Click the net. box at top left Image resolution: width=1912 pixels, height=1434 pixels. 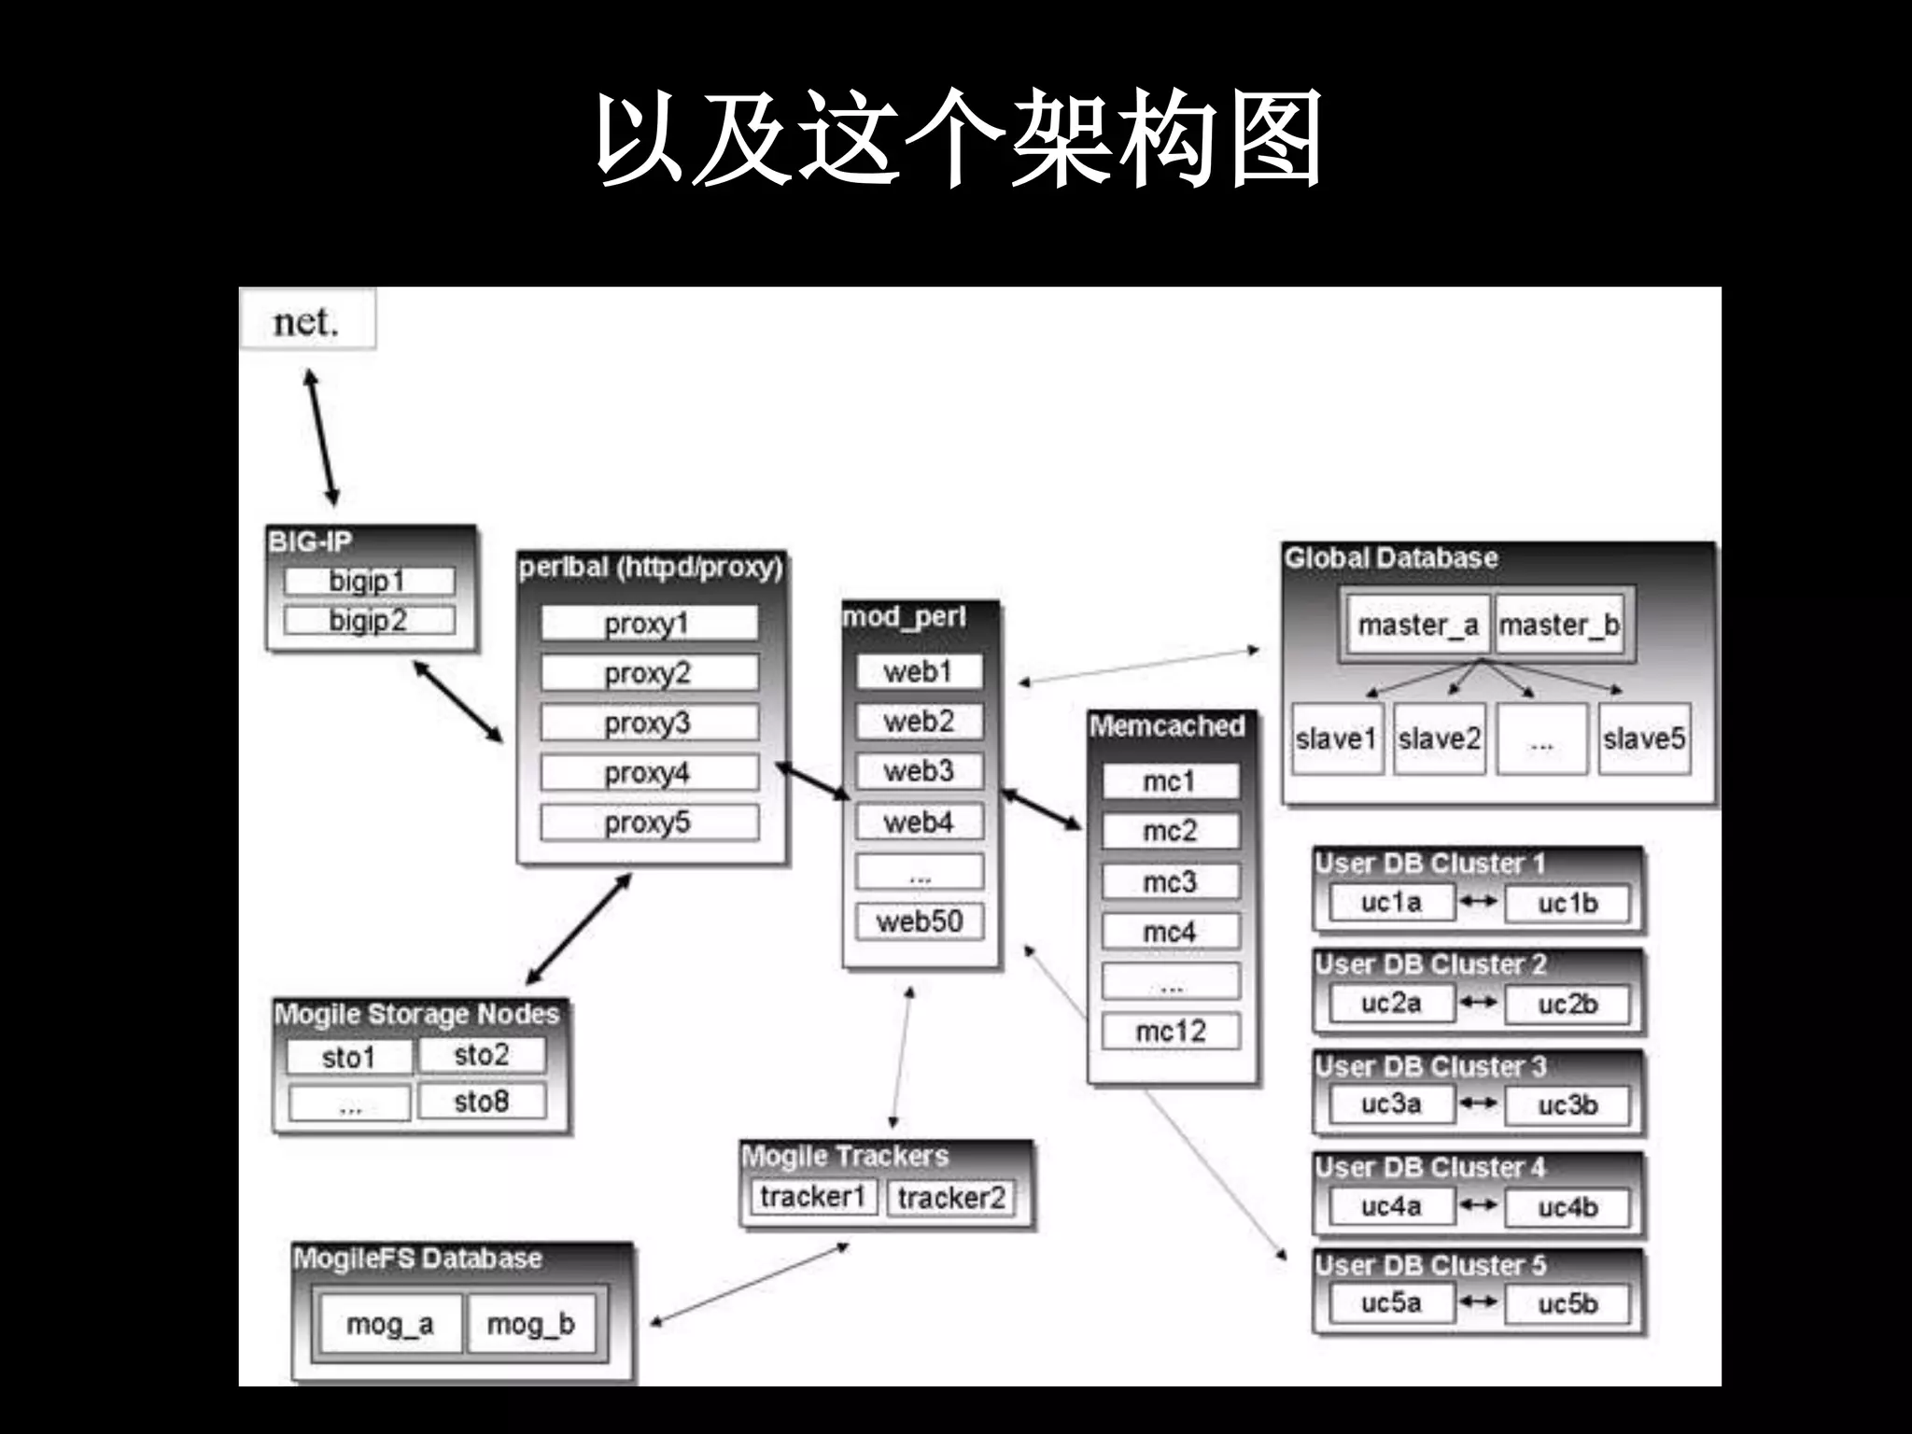307,320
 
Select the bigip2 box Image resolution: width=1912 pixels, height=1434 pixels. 369,620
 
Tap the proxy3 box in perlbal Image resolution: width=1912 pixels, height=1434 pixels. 649,723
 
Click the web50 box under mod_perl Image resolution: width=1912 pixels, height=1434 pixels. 920,921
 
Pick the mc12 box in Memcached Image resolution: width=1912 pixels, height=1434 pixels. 1171,1031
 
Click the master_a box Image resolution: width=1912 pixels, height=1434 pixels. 1417,625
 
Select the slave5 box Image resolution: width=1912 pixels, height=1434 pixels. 1644,738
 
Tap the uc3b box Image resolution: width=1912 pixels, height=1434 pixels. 1568,1105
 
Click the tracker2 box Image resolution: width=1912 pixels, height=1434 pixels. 951,1197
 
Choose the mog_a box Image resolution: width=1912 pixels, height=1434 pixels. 390,1323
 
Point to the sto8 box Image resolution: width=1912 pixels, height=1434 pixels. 481,1102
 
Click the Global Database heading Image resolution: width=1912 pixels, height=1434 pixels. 1391,558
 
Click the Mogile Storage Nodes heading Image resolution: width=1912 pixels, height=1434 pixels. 416,1014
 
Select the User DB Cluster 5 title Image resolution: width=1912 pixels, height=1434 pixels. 1430,1265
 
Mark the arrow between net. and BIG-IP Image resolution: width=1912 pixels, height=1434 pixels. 321,438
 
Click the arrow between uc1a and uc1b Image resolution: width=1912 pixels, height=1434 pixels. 1479,901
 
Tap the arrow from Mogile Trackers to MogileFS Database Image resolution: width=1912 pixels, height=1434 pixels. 749,1284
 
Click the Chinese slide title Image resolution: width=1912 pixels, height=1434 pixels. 958,140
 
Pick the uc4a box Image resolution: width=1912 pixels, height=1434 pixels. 1391,1206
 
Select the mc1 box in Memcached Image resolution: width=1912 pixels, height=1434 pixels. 1170,781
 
